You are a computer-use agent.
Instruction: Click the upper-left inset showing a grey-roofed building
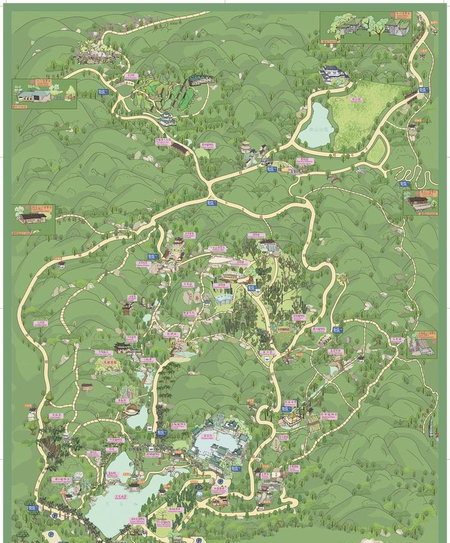click(x=44, y=94)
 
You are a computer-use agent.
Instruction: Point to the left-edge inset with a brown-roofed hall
click(x=33, y=219)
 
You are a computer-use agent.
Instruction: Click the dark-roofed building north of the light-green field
click(x=334, y=75)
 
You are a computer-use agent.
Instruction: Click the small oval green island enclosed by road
click(x=377, y=150)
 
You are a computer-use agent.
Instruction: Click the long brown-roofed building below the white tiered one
click(x=181, y=147)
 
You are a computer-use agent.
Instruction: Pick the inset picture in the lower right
click(x=421, y=344)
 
